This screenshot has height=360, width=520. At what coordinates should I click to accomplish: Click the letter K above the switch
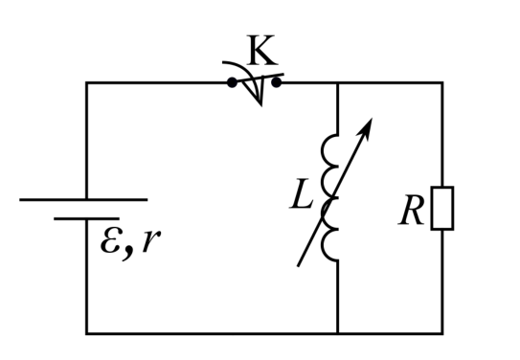[262, 50]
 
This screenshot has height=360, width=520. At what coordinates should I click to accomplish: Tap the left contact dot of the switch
[232, 82]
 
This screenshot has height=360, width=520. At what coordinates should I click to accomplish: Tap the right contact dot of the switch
[276, 82]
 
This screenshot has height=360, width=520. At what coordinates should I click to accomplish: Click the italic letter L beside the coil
[301, 193]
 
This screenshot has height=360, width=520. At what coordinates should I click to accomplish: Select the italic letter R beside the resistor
[411, 211]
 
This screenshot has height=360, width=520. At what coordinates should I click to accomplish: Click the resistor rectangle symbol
[442, 208]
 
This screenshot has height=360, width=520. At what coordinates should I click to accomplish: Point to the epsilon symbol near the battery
[111, 240]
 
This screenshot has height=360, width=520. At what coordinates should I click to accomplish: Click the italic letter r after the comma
[151, 240]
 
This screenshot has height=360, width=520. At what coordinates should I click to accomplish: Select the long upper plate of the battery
[83, 199]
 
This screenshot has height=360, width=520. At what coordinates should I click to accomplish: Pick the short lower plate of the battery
[86, 219]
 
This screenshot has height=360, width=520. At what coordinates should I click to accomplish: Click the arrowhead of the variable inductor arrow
[366, 127]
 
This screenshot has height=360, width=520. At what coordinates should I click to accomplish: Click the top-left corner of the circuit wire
[86, 82]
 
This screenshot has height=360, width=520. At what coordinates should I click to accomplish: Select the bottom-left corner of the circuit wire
[86, 333]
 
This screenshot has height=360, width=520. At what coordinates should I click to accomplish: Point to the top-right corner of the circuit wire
[442, 82]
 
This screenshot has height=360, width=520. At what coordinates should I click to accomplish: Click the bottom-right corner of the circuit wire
[442, 333]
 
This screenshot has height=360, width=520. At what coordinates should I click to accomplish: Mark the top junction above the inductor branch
[338, 82]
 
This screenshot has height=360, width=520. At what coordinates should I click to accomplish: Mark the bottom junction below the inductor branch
[338, 333]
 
